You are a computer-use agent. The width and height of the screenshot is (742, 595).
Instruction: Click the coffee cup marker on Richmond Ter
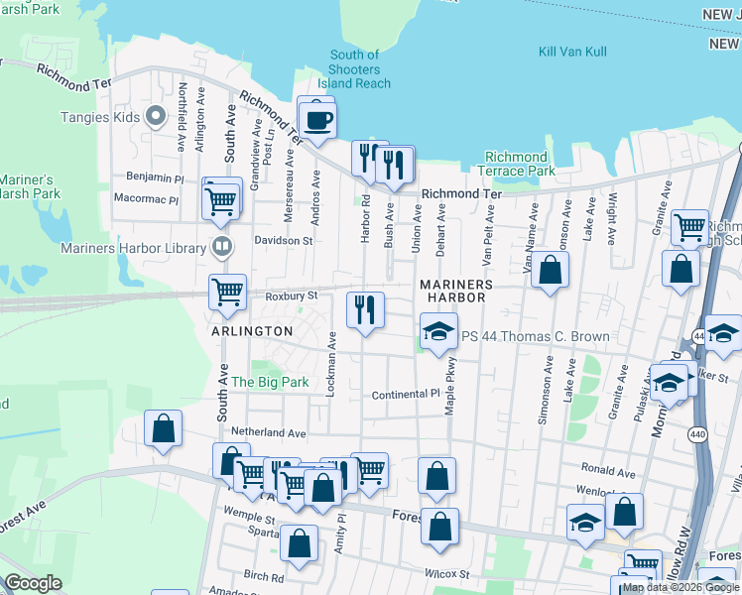click(317, 121)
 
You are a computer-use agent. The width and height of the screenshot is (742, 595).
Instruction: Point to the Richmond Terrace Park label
click(516, 164)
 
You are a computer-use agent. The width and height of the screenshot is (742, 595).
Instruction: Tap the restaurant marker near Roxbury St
click(365, 309)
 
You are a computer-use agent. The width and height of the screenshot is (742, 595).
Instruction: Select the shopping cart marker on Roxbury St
click(227, 293)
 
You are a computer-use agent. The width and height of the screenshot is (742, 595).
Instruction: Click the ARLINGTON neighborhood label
click(251, 331)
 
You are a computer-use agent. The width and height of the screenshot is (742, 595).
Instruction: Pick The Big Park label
click(270, 382)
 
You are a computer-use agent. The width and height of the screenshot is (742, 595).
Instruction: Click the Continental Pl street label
click(405, 395)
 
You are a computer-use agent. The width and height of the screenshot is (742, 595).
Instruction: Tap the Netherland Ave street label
click(268, 432)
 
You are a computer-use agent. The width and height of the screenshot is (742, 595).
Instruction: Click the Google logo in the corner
click(33, 583)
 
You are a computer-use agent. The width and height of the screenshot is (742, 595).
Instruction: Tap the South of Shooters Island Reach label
click(354, 69)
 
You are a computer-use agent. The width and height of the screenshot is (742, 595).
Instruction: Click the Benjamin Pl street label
click(155, 178)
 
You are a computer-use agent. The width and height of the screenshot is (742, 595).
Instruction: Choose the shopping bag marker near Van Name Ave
click(550, 269)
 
